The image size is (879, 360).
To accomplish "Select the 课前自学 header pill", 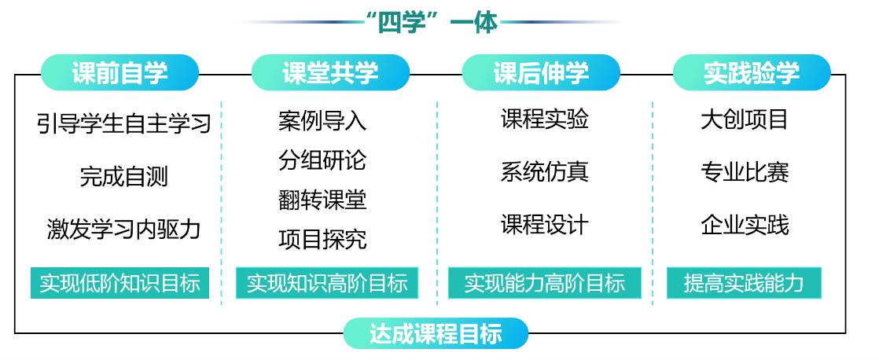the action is tap(120, 73).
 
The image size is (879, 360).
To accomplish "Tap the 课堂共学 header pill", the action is tap(330, 73).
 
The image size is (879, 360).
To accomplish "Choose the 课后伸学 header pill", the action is tap(541, 73).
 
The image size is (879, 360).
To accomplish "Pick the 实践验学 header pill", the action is tap(752, 73).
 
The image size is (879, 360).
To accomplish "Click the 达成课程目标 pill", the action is tap(436, 333).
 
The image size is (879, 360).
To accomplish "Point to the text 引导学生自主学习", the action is tap(124, 123).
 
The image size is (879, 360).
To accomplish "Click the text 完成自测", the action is tap(124, 175).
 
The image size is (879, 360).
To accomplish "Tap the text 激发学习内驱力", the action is tap(124, 229).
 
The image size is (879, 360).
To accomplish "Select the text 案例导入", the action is tap(322, 120).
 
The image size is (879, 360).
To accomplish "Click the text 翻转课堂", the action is tap(322, 200).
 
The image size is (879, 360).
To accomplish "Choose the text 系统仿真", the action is tap(544, 171).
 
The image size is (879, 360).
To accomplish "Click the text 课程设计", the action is tap(544, 225).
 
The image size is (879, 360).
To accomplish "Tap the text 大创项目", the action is tap(744, 119).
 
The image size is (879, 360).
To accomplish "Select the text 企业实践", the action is tap(744, 225).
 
